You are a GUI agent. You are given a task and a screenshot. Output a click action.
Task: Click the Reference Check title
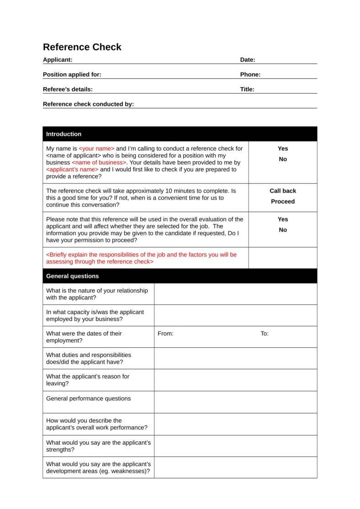click(82, 47)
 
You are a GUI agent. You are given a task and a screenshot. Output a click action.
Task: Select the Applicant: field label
click(58, 60)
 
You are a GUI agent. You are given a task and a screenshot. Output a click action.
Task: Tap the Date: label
click(248, 60)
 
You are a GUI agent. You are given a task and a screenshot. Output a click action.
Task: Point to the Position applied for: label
click(72, 74)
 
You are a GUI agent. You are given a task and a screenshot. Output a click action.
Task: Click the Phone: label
click(250, 74)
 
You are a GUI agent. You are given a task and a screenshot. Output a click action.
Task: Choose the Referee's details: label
click(68, 89)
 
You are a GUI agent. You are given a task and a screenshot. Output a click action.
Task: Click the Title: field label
click(247, 89)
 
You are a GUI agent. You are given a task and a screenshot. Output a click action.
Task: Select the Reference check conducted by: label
click(88, 104)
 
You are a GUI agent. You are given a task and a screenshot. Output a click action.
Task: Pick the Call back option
click(283, 191)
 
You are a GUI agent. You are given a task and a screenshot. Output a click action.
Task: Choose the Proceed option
click(283, 201)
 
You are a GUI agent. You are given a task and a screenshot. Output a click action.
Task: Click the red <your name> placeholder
click(96, 148)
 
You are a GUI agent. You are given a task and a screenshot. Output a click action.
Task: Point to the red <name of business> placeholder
click(99, 163)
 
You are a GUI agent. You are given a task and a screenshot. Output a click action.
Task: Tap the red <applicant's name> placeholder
click(72, 169)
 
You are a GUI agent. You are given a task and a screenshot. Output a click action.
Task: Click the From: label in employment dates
click(165, 334)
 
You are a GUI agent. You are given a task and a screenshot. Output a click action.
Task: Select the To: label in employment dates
click(265, 334)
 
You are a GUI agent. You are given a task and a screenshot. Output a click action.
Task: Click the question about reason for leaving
click(88, 380)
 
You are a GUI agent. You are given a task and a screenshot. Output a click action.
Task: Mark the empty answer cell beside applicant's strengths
click(235, 446)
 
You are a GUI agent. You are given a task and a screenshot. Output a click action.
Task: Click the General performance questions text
click(88, 399)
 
